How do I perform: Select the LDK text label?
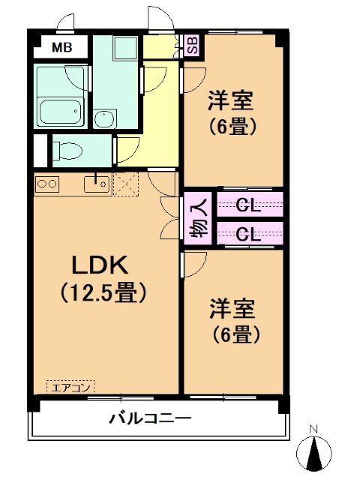(x=102, y=265)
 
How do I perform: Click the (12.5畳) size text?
(x=102, y=292)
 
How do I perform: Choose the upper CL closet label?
(x=248, y=204)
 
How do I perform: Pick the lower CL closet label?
(x=248, y=233)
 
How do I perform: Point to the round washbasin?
(x=104, y=118)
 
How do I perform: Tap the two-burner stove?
(x=47, y=183)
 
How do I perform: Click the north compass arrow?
(x=316, y=453)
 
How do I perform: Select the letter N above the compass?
(x=315, y=430)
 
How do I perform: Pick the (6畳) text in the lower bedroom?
(x=232, y=334)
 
